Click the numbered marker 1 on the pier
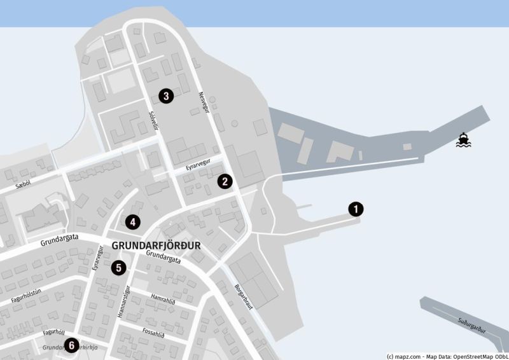[356, 208]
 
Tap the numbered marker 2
[224, 181]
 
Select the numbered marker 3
[165, 97]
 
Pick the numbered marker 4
[132, 222]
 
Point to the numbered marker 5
[118, 268]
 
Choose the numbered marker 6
[71, 345]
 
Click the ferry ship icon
[463, 140]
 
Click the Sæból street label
[24, 184]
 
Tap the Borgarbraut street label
[244, 296]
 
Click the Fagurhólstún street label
[25, 296]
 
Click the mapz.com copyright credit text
[445, 356]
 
